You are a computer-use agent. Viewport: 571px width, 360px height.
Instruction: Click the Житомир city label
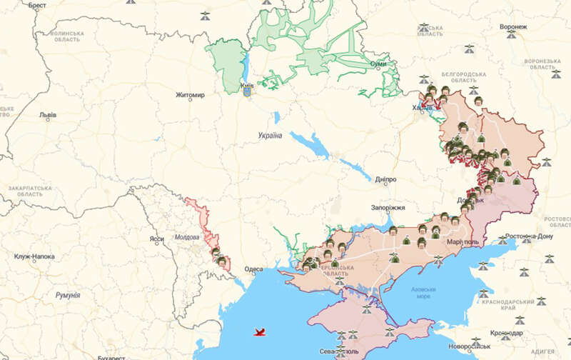[190, 95]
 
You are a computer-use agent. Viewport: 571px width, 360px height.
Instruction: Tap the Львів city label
[48, 114]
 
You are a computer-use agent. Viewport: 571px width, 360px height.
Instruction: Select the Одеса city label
[253, 269]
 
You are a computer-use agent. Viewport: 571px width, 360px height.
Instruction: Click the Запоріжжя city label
[388, 208]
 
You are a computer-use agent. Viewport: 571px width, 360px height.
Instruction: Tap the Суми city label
[378, 64]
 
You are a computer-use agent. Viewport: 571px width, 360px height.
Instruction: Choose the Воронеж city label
[513, 27]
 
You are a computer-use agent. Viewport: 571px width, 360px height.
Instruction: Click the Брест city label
[37, 5]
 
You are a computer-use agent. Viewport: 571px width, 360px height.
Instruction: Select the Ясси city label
[156, 239]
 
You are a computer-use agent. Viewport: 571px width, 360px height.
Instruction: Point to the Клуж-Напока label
[34, 256]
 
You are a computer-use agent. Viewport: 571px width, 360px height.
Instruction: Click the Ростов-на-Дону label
[529, 236]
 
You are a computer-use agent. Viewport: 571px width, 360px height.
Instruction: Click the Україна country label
[271, 136]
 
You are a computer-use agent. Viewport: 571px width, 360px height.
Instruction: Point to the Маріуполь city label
[462, 241]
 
